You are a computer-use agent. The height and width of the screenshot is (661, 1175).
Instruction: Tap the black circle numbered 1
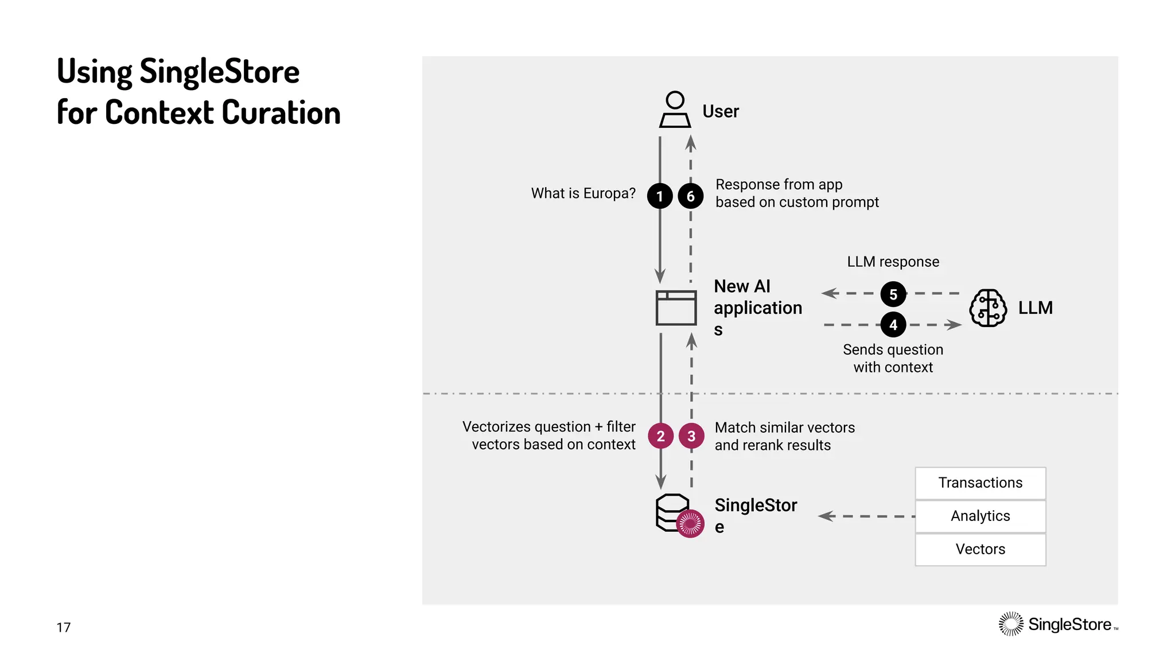(x=660, y=196)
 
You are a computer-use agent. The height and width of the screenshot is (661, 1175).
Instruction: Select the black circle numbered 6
(x=691, y=196)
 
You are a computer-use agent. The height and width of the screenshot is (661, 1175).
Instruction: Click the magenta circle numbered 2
(x=660, y=436)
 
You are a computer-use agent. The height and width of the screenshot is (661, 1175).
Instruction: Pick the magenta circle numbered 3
(x=691, y=436)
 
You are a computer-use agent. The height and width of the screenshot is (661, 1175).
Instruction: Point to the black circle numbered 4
(x=893, y=325)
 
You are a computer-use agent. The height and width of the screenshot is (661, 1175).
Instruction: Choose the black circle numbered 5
(x=893, y=294)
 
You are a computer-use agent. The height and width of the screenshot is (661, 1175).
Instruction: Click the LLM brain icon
(x=987, y=308)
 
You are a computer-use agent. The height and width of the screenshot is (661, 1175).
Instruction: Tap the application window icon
(x=676, y=308)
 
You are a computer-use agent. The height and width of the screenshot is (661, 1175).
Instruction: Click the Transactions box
(x=981, y=483)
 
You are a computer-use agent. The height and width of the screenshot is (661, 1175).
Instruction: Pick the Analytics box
(x=981, y=516)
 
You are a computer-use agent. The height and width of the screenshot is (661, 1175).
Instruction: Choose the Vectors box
(x=981, y=550)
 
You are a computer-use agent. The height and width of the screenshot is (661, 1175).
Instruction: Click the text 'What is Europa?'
(x=583, y=193)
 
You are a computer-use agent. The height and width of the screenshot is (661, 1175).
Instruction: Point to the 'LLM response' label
(x=893, y=262)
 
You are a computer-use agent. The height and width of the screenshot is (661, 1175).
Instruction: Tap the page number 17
(x=64, y=627)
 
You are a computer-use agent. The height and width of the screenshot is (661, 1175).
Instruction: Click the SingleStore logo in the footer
(x=1058, y=624)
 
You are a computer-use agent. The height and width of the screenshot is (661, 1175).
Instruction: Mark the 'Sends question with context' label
(x=893, y=358)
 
